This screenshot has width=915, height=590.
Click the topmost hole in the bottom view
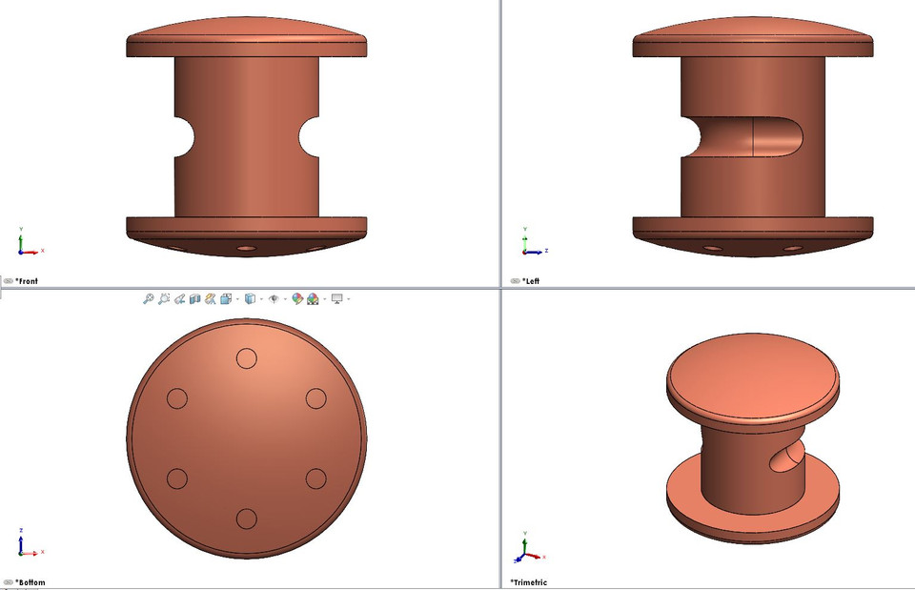pos(246,358)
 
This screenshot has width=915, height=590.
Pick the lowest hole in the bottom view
pos(246,519)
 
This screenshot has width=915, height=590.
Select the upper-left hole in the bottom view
pos(176,398)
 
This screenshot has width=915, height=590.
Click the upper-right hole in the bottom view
pos(315,398)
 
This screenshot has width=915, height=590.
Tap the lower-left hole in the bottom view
pos(176,478)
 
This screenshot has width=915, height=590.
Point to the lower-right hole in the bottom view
pos(315,478)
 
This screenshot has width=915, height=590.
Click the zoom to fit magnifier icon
pos(149,298)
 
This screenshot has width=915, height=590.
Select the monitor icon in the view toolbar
pos(336,298)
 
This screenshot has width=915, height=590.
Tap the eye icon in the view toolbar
pos(274,298)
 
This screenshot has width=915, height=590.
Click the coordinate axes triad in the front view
pos(26,245)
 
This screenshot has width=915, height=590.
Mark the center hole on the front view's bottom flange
pos(247,249)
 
